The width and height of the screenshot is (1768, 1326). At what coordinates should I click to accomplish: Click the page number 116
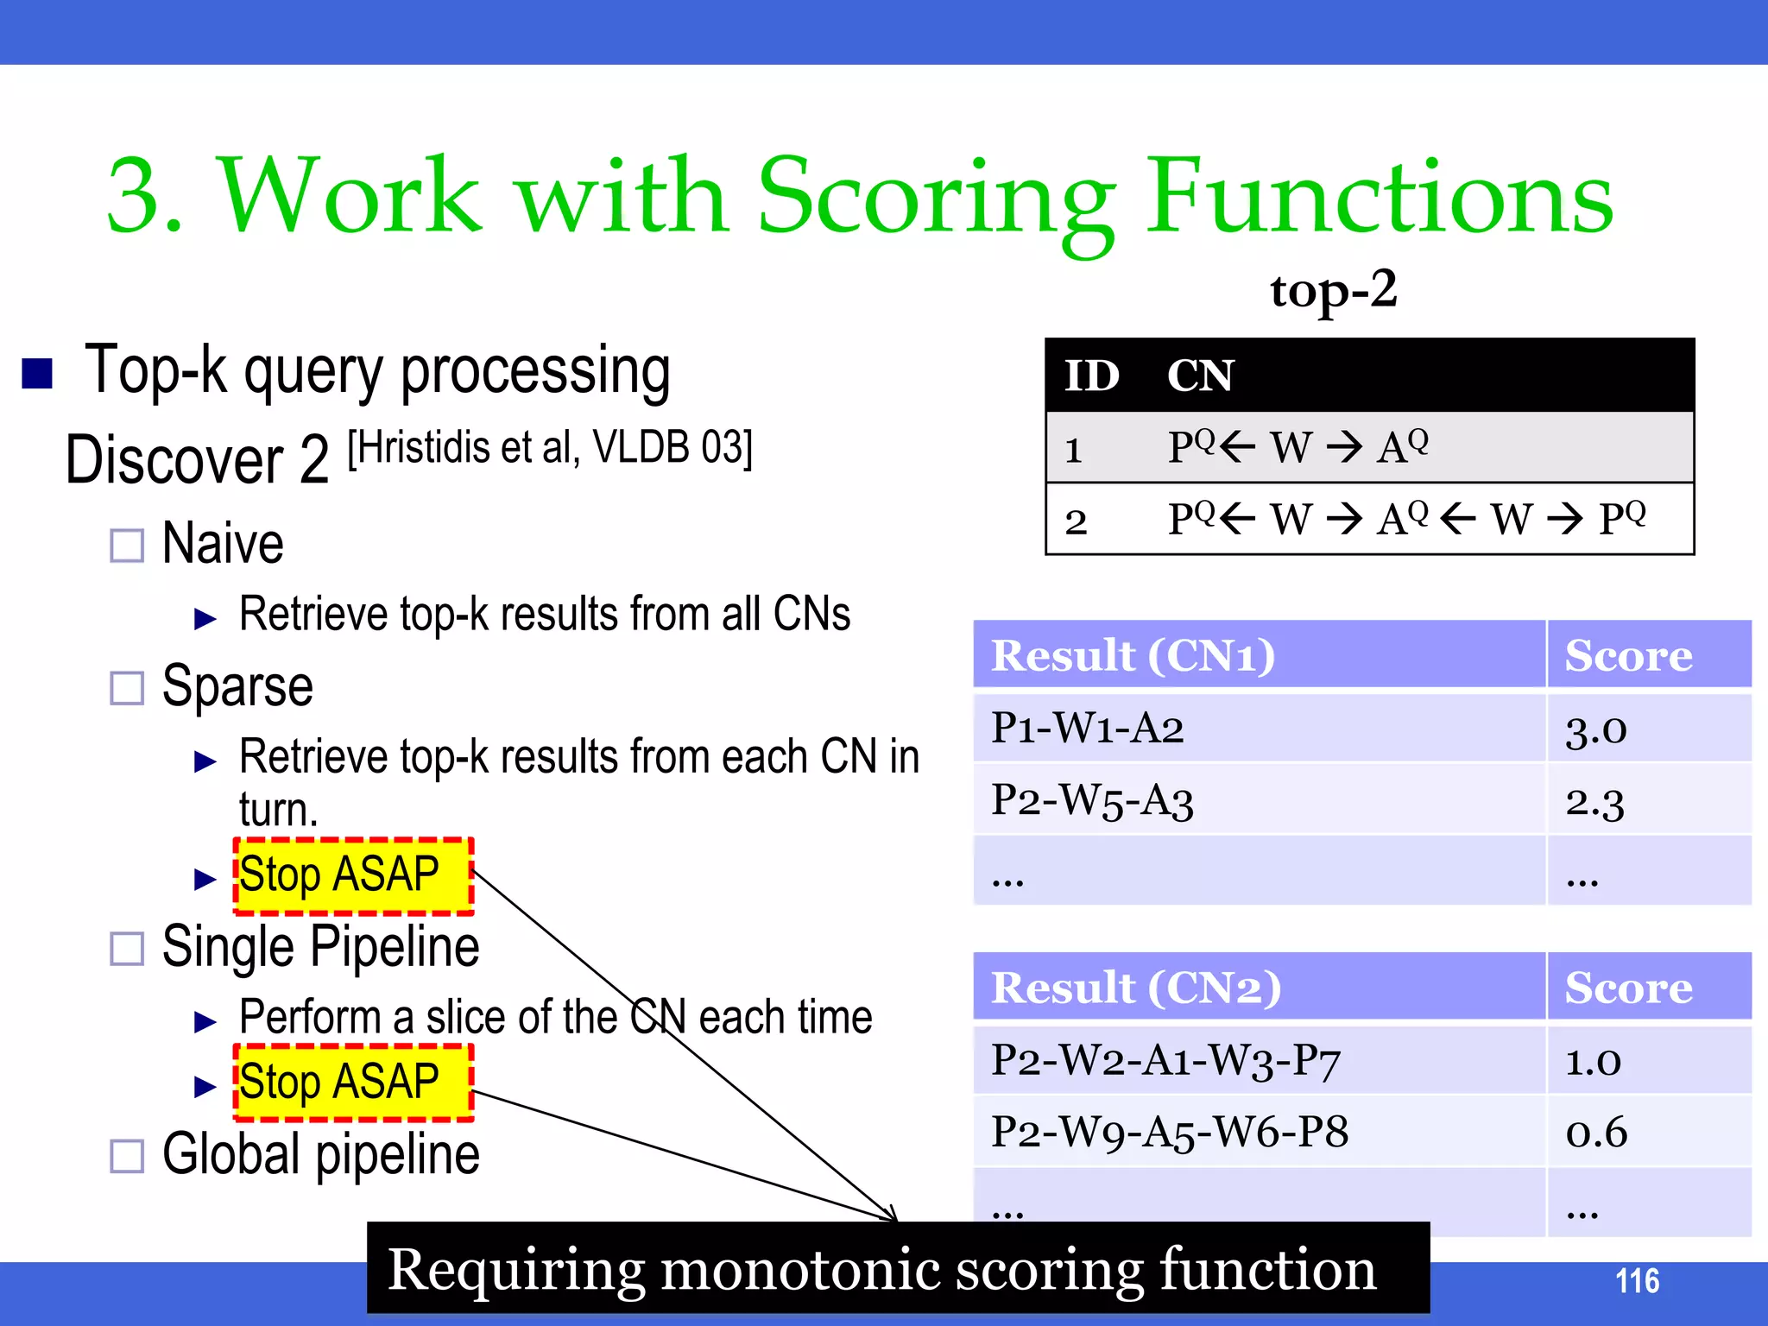tap(1636, 1281)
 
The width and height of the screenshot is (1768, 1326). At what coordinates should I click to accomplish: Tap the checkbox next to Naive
tap(127, 546)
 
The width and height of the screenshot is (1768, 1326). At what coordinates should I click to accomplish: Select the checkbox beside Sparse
tap(127, 688)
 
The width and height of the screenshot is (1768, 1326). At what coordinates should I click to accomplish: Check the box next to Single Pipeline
tap(127, 949)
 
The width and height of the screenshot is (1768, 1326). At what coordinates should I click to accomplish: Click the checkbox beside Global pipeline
tap(127, 1156)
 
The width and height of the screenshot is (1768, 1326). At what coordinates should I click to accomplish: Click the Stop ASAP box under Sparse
tap(353, 875)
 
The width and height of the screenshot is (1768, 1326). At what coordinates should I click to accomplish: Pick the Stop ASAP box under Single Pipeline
tap(353, 1083)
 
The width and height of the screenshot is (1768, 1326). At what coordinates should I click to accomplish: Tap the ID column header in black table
tap(1091, 376)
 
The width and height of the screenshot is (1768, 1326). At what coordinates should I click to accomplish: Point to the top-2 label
tap(1333, 290)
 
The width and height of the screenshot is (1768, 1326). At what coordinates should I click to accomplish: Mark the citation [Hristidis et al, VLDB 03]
tap(550, 448)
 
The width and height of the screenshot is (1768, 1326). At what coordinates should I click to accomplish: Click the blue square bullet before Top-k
tap(37, 374)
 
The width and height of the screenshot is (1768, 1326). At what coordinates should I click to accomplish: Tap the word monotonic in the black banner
tap(799, 1270)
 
